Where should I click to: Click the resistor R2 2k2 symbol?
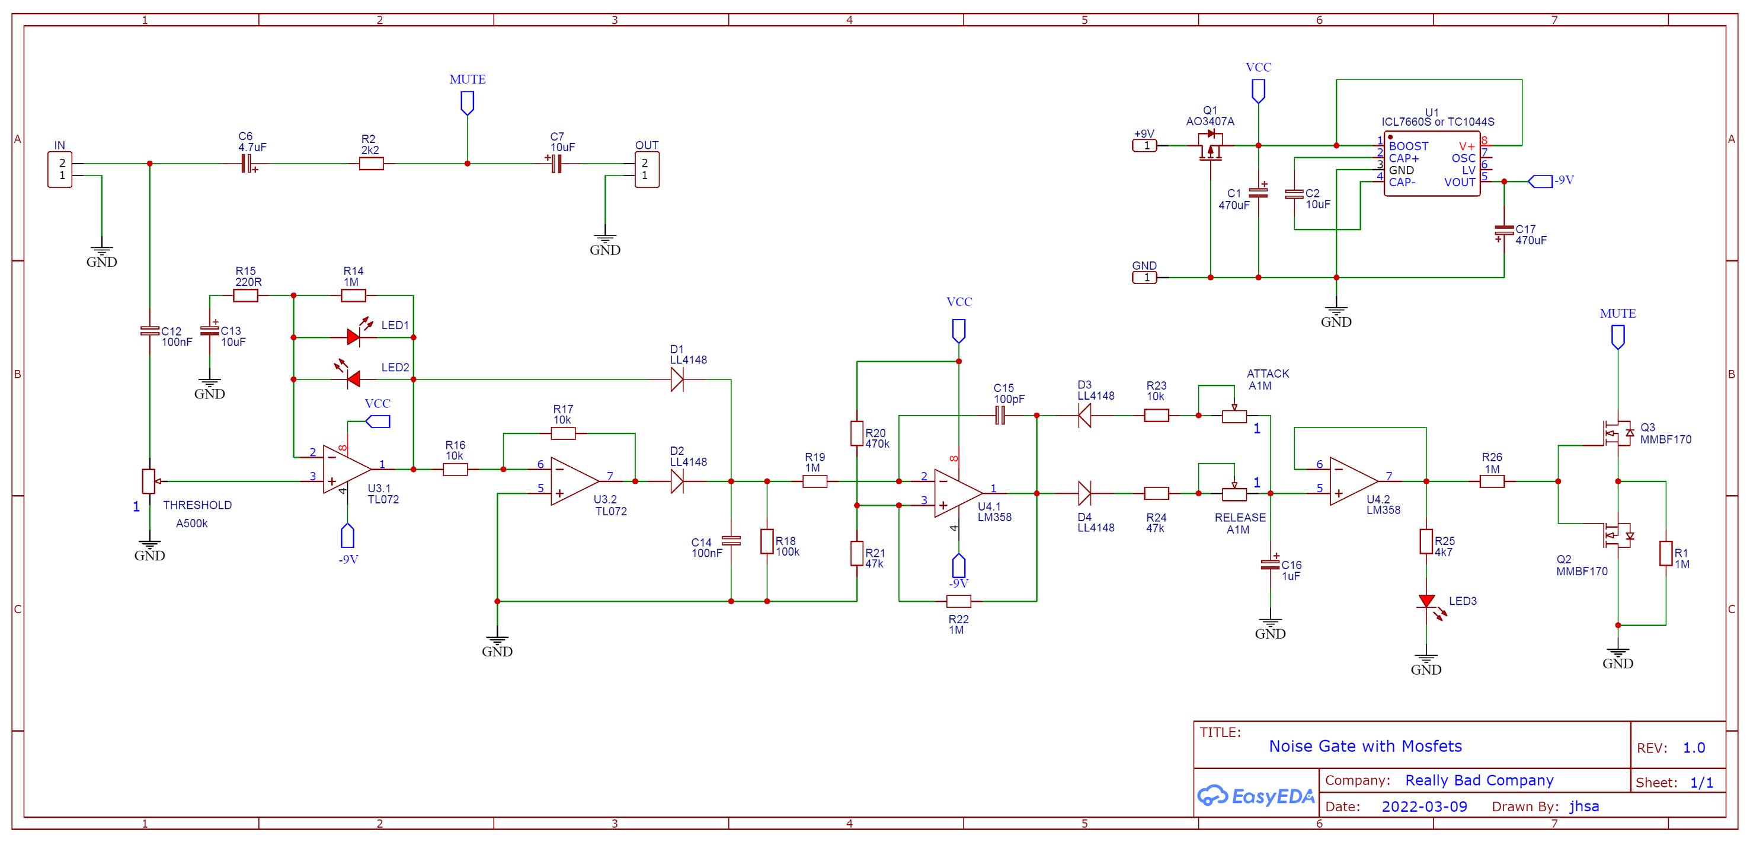371,163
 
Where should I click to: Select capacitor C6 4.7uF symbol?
248,163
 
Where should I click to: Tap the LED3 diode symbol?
1426,601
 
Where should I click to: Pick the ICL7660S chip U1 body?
1432,164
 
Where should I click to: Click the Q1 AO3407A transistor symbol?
1210,147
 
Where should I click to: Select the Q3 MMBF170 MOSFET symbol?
1617,433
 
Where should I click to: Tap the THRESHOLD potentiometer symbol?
149,481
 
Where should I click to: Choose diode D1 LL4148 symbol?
677,379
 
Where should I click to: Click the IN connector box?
60,169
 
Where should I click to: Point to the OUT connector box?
647,169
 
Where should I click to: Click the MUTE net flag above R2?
468,103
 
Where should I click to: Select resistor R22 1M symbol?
959,601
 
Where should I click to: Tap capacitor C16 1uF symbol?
1270,563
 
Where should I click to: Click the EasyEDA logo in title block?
1255,796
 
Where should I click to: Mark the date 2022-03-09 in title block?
1424,806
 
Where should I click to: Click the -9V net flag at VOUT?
1540,181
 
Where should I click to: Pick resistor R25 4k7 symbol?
1426,541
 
